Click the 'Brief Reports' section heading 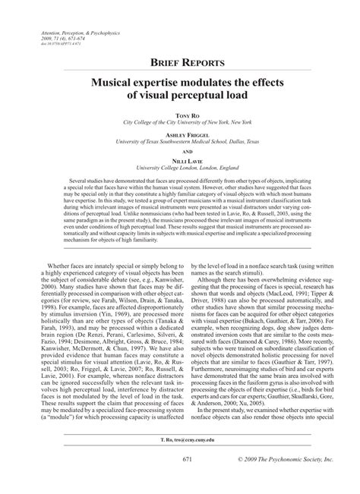[x=180, y=63]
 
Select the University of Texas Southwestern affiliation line [x=180, y=140]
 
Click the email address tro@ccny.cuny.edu [x=180, y=461]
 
